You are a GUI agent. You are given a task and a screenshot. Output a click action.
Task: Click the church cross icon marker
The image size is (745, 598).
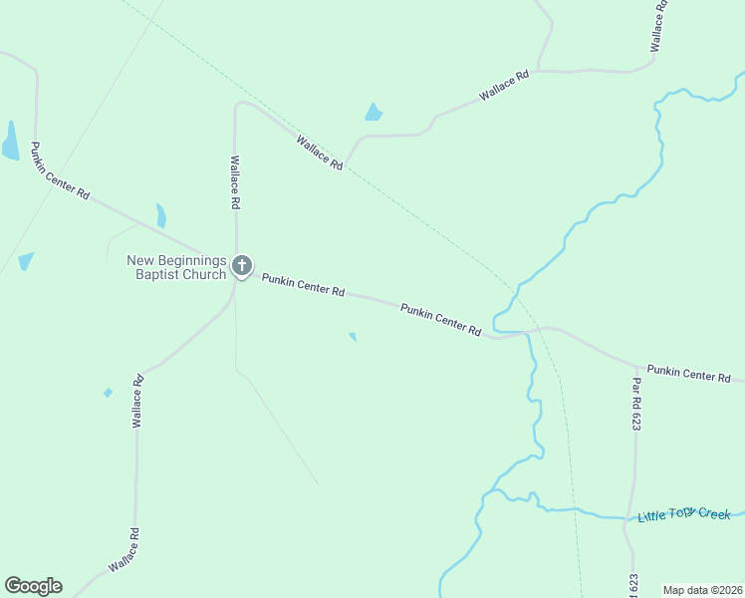coord(241,265)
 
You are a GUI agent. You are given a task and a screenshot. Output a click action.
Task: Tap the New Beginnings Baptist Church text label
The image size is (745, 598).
coord(176,267)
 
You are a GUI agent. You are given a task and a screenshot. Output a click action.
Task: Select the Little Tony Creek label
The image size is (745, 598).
coord(684,514)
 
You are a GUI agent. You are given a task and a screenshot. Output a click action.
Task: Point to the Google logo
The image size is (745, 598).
coord(33,586)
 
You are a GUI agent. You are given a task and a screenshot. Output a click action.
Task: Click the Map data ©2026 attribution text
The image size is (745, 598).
coord(702,590)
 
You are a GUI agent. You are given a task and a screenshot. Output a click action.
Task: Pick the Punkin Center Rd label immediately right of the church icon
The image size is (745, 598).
coord(303,286)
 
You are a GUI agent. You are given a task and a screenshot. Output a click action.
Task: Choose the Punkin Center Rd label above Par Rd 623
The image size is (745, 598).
coord(688,374)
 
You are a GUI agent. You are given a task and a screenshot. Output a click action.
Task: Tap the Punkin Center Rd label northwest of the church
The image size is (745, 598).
coord(60,171)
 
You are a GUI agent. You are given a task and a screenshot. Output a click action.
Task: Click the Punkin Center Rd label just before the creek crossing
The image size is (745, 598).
coord(441,319)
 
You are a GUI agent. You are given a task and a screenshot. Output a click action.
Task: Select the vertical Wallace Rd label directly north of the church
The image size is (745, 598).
coord(235,181)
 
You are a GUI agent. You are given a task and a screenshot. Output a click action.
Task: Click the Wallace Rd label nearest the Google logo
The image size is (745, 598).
coord(124,549)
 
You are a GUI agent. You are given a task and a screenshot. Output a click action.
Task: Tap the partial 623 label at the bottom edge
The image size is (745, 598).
coord(634,585)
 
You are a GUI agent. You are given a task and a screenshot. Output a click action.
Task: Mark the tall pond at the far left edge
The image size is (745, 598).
coord(11,142)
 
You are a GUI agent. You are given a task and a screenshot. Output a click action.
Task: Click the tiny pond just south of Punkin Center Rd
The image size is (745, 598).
coord(353,337)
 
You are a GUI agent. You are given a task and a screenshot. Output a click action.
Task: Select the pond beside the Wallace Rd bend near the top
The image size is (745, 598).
coord(373,113)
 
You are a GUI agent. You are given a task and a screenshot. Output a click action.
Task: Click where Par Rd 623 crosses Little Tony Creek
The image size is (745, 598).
coord(629,517)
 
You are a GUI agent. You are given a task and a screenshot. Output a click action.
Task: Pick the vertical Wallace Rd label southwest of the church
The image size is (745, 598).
coord(138,401)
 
